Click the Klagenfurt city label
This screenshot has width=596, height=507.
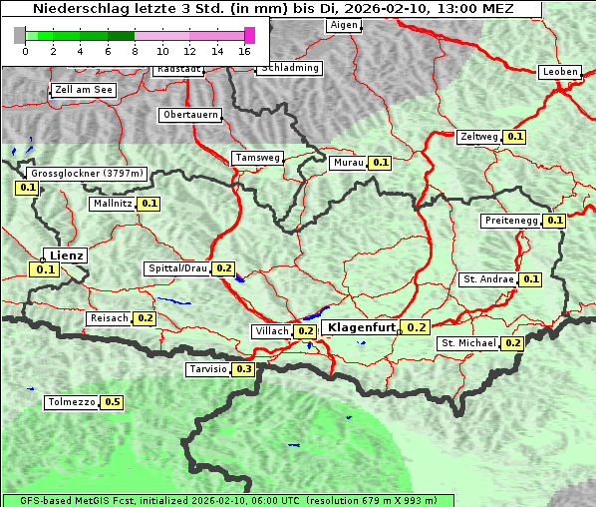coord(363,327)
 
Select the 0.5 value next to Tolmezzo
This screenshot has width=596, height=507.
coord(113,402)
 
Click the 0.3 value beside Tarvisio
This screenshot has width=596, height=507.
coord(244,369)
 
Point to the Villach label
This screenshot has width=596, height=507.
coord(272,331)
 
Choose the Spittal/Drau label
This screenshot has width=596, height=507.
coord(177,268)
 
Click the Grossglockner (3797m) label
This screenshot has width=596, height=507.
coord(88,174)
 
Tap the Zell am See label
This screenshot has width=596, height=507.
coord(84,90)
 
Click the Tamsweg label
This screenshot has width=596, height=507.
coord(258,158)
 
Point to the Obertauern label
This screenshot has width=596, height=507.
coord(190,115)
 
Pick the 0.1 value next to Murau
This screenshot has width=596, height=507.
coord(380,162)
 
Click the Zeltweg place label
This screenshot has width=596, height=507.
coord(479,137)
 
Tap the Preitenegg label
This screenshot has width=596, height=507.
coord(512,221)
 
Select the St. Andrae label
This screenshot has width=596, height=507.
coord(488,279)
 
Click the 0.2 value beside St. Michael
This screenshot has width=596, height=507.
coord(513,343)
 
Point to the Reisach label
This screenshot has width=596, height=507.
coord(109,318)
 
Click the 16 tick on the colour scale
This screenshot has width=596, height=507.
coord(245,50)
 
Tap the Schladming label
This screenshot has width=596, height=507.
coord(289,68)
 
